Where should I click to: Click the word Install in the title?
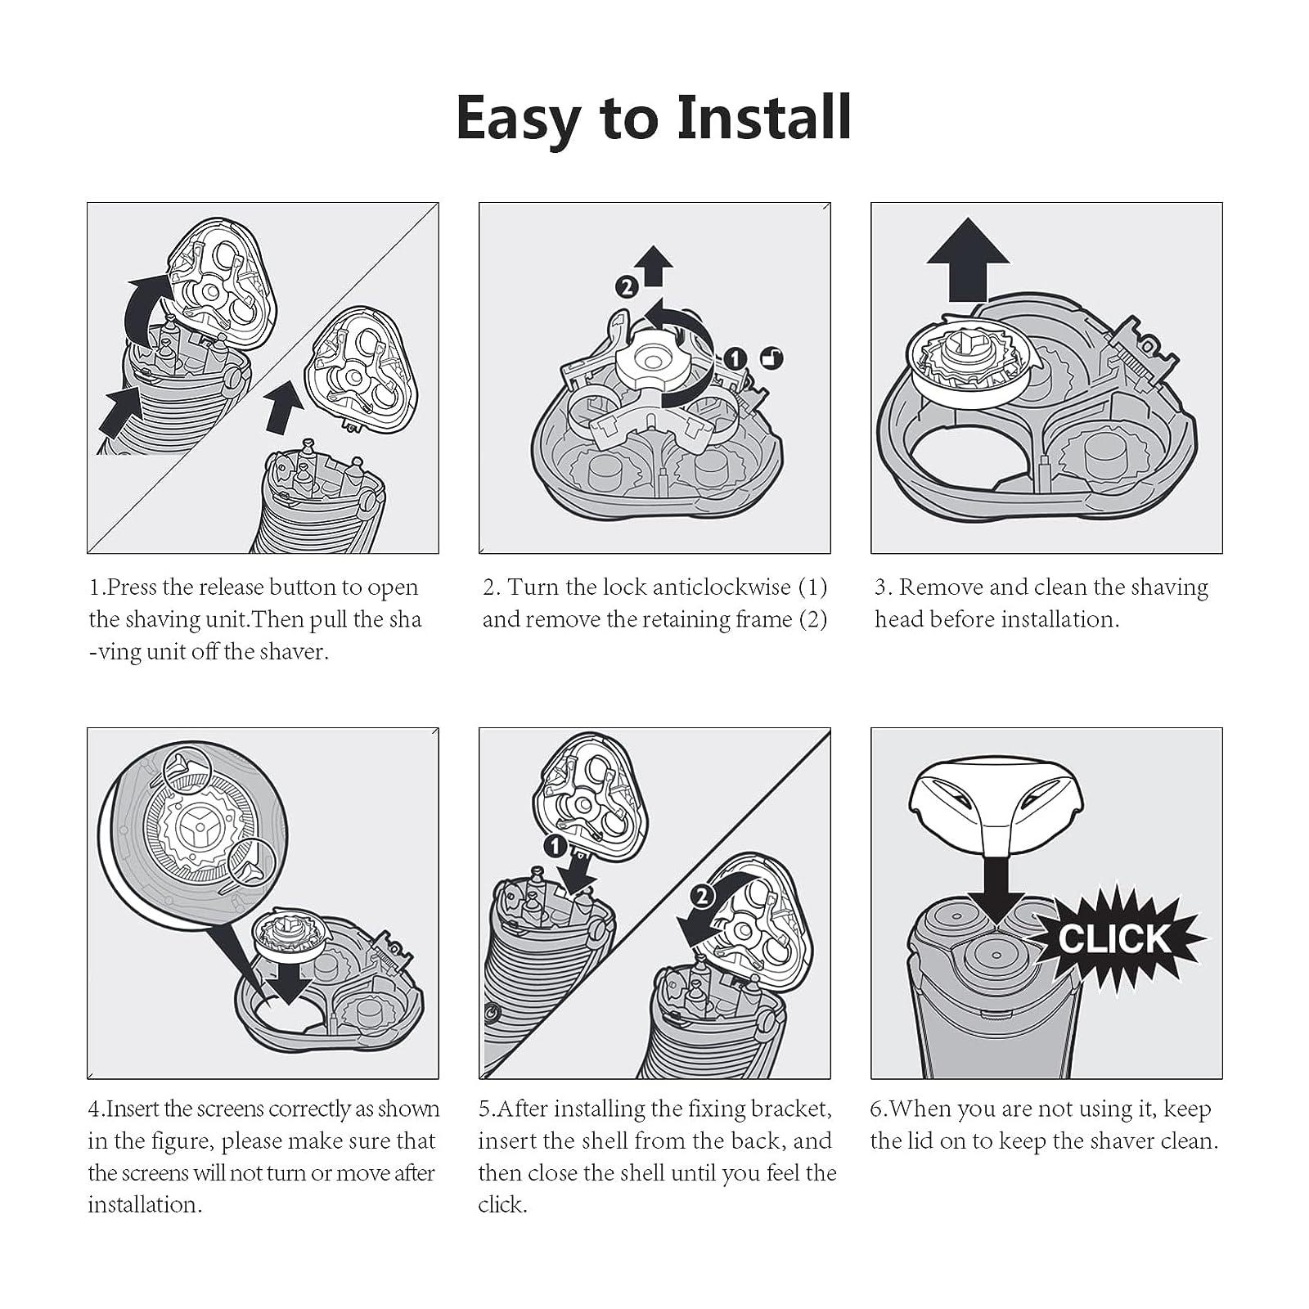point(765,117)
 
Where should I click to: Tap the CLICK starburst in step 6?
point(1114,938)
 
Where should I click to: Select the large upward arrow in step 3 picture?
point(968,260)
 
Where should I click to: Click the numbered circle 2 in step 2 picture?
point(627,286)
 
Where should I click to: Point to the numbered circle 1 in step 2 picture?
point(735,358)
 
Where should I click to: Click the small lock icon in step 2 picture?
point(771,358)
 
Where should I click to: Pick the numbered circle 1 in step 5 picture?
point(556,845)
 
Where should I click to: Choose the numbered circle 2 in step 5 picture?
point(703,896)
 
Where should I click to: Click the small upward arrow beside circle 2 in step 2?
point(654,266)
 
